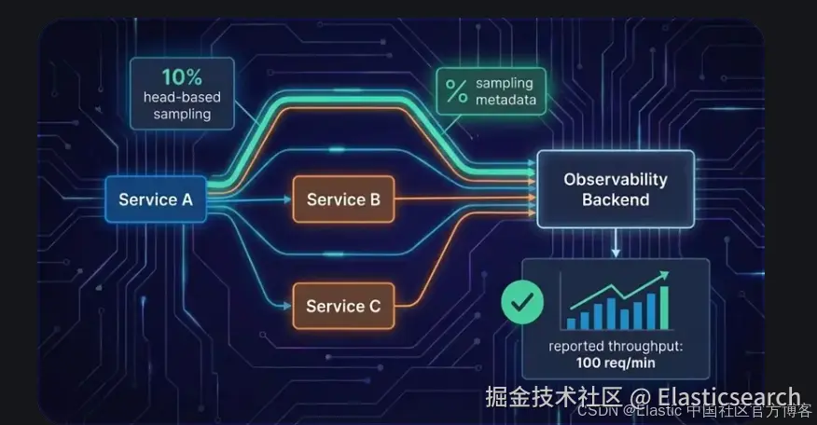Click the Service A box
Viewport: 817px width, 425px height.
coord(156,199)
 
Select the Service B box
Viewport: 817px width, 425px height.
coord(343,199)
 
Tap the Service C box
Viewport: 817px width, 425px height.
coord(343,306)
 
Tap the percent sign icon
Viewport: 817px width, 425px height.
coord(456,91)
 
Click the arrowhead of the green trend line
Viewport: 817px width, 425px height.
coord(666,274)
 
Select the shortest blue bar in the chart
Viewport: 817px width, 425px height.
coord(571,322)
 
